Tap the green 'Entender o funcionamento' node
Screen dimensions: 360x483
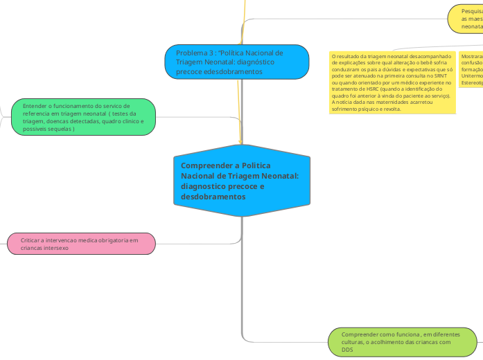coord(83,117)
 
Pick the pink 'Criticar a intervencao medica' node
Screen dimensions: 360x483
coord(80,244)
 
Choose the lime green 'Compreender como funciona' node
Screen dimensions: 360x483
coord(402,341)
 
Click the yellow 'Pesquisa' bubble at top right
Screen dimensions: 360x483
coord(467,19)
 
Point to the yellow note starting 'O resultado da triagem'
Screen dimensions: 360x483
coord(392,82)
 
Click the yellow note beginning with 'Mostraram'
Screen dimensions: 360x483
coord(471,69)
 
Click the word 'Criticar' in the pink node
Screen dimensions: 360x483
coord(30,240)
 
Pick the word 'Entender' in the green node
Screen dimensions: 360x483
coord(35,105)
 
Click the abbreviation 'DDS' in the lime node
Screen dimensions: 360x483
coord(348,350)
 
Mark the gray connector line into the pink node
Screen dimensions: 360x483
coord(197,243)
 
